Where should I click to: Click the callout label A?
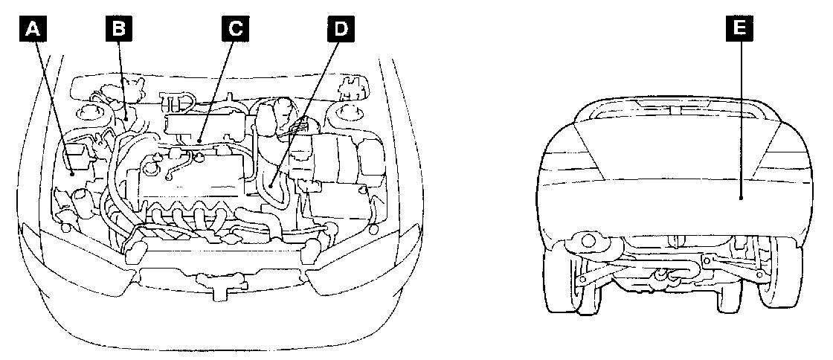tap(32, 30)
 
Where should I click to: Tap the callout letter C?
tap(235, 30)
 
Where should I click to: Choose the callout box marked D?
tap(340, 30)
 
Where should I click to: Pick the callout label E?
tap(741, 30)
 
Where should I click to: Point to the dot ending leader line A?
tap(72, 173)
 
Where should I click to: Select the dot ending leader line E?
tap(741, 197)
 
